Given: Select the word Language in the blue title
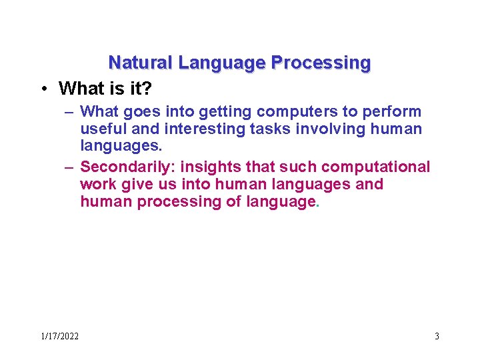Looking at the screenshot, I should [x=221, y=63].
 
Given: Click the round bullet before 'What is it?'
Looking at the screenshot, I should [x=43, y=89].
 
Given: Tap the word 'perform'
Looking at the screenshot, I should [x=392, y=111].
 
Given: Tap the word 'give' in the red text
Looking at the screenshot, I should [x=136, y=184].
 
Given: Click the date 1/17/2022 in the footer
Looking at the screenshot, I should [x=59, y=336].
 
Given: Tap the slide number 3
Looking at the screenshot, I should [x=437, y=336].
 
